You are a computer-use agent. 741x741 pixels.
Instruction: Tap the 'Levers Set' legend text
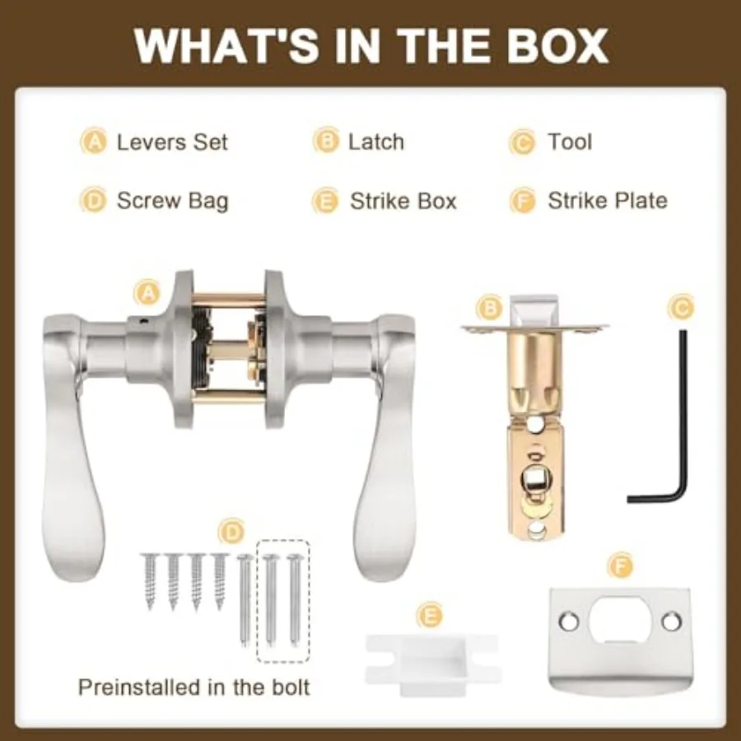click(x=172, y=142)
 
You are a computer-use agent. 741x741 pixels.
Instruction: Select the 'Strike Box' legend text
click(x=403, y=202)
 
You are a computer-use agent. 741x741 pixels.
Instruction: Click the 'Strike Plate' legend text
click(x=608, y=201)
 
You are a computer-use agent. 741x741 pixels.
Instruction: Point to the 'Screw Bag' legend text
click(x=173, y=202)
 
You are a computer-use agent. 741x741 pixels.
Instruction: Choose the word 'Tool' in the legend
click(x=570, y=142)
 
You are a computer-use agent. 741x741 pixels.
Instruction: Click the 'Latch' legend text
click(x=376, y=142)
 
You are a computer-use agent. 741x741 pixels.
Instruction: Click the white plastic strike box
click(x=432, y=664)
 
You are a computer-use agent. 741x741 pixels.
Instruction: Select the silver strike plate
click(x=620, y=641)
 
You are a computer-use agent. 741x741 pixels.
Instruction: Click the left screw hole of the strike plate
click(x=568, y=622)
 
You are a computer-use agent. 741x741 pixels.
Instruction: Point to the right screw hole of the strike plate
click(x=672, y=622)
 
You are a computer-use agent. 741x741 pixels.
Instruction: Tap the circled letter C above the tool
click(x=681, y=308)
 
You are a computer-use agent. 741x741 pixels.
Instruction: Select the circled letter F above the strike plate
click(x=621, y=565)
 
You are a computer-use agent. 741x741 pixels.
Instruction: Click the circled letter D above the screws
click(x=231, y=533)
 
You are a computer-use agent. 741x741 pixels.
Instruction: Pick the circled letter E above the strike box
click(x=430, y=616)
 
